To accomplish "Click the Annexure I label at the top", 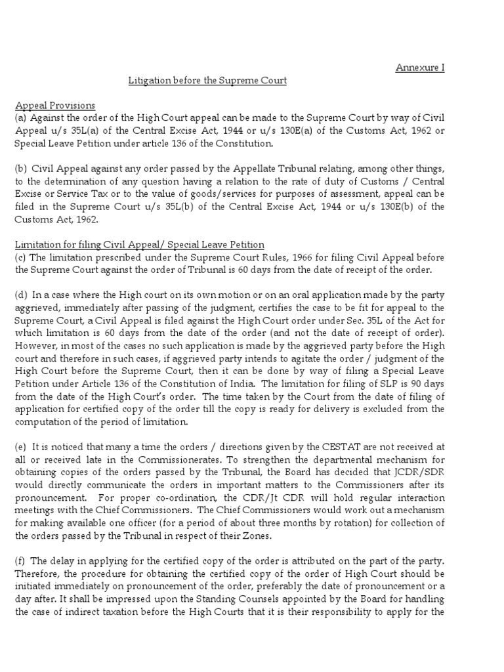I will pyautogui.click(x=419, y=68).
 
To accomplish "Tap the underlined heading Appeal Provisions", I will pyautogui.click(x=55, y=106).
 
